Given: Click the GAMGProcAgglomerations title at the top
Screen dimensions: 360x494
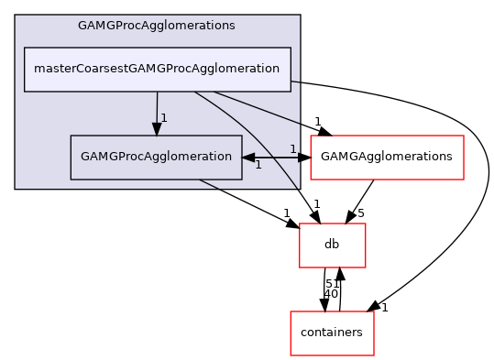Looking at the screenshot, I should pyautogui.click(x=157, y=26).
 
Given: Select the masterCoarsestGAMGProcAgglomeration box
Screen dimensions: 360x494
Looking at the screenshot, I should pyautogui.click(x=157, y=70).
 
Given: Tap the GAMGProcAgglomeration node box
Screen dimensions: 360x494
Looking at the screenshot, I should pyautogui.click(x=156, y=157).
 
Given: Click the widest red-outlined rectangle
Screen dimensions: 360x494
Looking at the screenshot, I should pyautogui.click(x=387, y=158).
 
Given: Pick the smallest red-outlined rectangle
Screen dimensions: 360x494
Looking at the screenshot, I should pyautogui.click(x=332, y=245).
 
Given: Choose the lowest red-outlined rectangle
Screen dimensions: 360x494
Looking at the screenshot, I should pyautogui.click(x=332, y=333).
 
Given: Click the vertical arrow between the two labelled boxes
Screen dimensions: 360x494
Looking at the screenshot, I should pyautogui.click(x=157, y=110).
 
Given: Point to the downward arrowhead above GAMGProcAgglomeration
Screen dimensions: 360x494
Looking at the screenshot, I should pyautogui.click(x=157, y=129).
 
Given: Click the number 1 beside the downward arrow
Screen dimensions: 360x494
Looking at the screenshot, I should pyautogui.click(x=164, y=118).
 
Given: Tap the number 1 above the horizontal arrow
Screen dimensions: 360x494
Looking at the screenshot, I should pyautogui.click(x=292, y=148).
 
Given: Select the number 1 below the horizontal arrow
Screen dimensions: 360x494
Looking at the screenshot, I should pyautogui.click(x=258, y=166).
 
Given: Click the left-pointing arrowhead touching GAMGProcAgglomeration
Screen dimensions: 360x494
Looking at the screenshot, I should pyautogui.click(x=248, y=158).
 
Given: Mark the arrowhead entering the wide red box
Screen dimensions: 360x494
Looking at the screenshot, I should pyautogui.click(x=304, y=158).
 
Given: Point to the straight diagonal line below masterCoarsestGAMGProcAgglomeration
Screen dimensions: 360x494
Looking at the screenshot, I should pyautogui.click(x=257, y=107).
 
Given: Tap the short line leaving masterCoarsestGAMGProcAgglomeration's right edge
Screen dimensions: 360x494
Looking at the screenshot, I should pyautogui.click(x=296, y=82).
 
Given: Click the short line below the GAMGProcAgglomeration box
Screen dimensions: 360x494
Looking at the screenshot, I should pyautogui.click(x=210, y=184).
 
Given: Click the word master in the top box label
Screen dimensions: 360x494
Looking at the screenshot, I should pyautogui.click(x=54, y=70).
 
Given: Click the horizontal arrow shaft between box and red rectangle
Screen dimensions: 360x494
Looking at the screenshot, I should pyautogui.click(x=276, y=158).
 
